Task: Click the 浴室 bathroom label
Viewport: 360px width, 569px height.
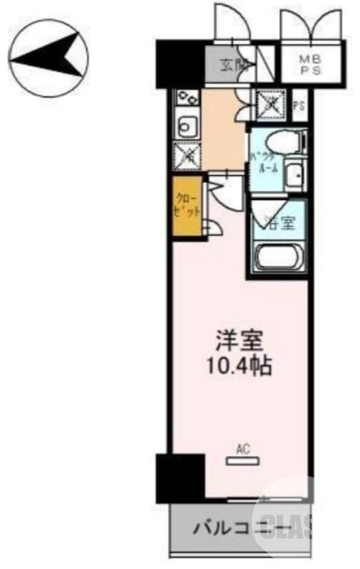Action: coord(280,223)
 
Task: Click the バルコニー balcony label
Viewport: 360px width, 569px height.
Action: coord(240,528)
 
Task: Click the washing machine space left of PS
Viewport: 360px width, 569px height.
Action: coord(272,105)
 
